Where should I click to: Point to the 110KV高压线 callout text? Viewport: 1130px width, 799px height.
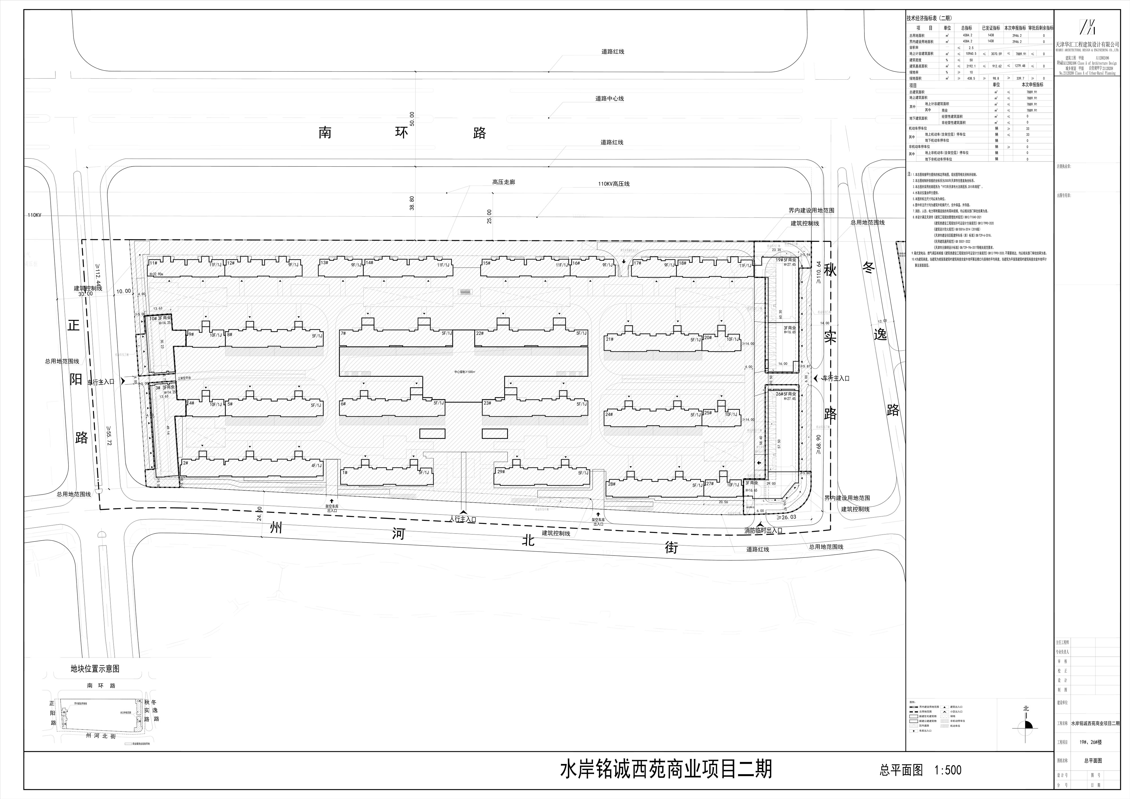(614, 184)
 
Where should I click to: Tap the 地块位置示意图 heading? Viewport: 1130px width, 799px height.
(95, 669)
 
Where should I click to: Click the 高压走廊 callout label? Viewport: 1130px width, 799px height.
(503, 182)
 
